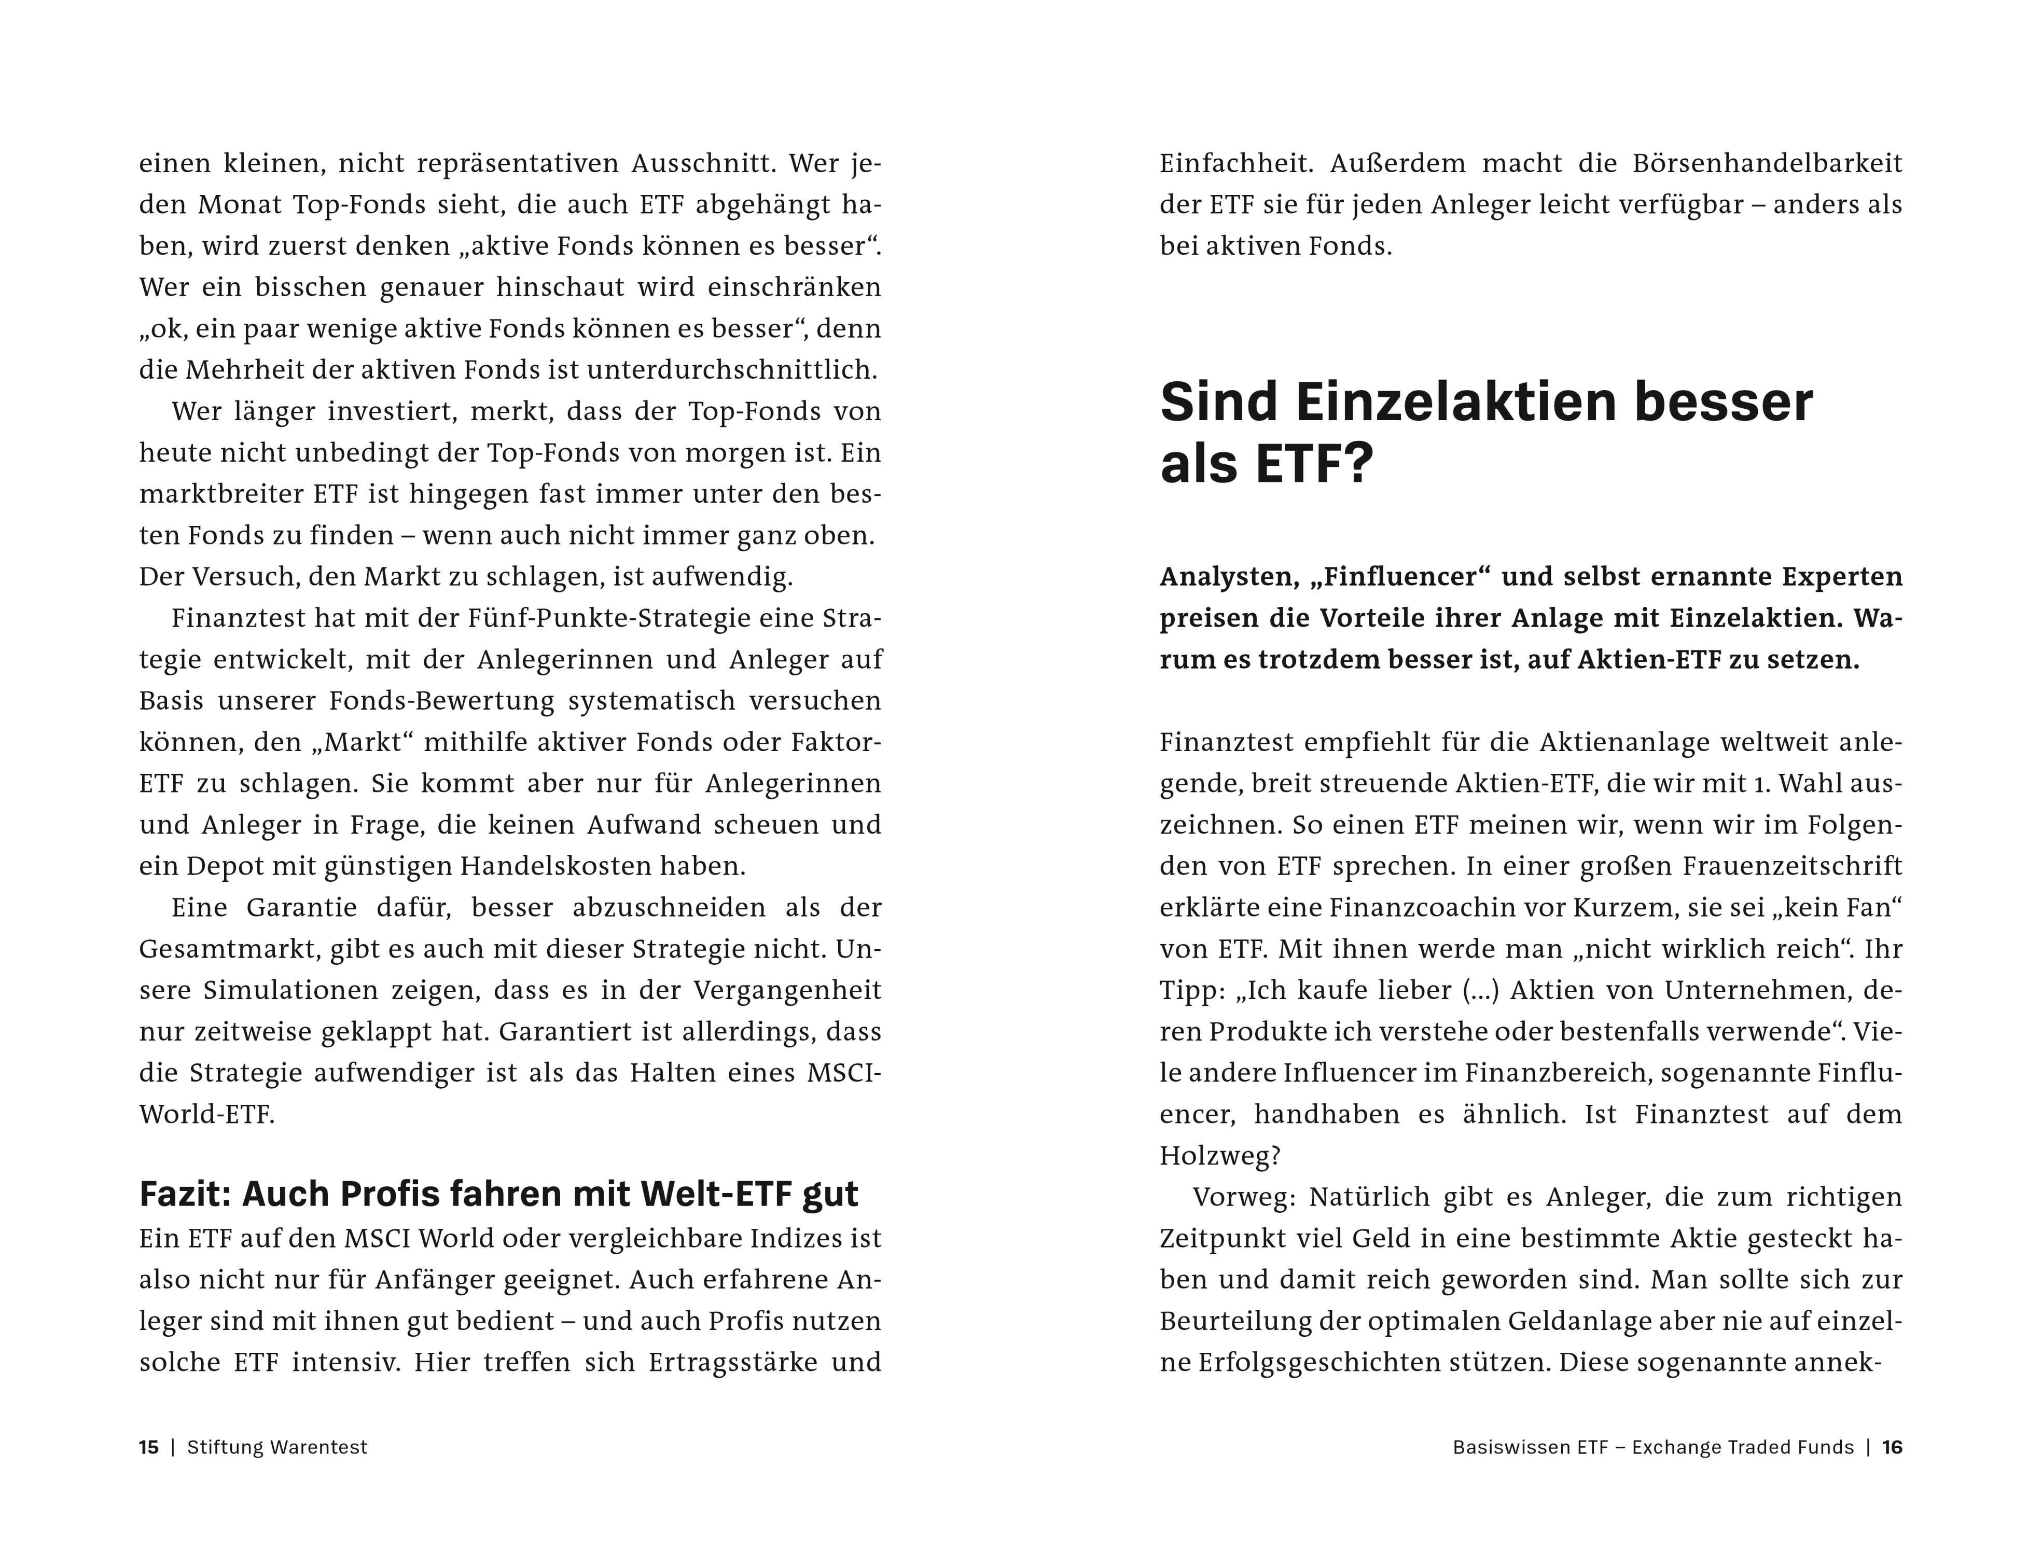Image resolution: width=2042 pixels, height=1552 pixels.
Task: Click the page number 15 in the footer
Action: click(x=149, y=1448)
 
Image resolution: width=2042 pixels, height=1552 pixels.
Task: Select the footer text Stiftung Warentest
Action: click(x=277, y=1448)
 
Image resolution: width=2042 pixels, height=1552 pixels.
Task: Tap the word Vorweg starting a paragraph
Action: click(x=1245, y=1197)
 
